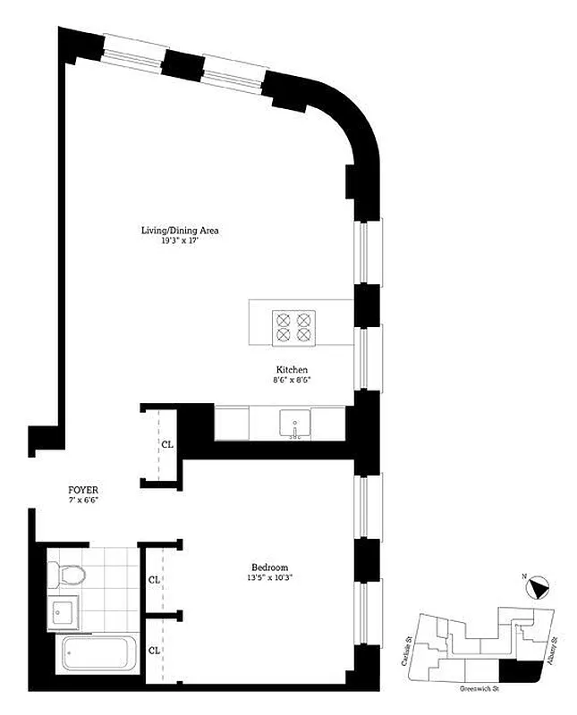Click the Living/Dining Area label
pos(180,231)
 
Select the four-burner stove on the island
pos(295,326)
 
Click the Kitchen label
pos(292,370)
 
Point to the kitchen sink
pos(294,423)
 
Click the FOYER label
pos(83,491)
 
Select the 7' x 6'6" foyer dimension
pos(83,501)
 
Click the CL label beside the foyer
pos(167,444)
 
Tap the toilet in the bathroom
pos(66,574)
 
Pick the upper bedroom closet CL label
pos(155,578)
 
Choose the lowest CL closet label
pos(155,650)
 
